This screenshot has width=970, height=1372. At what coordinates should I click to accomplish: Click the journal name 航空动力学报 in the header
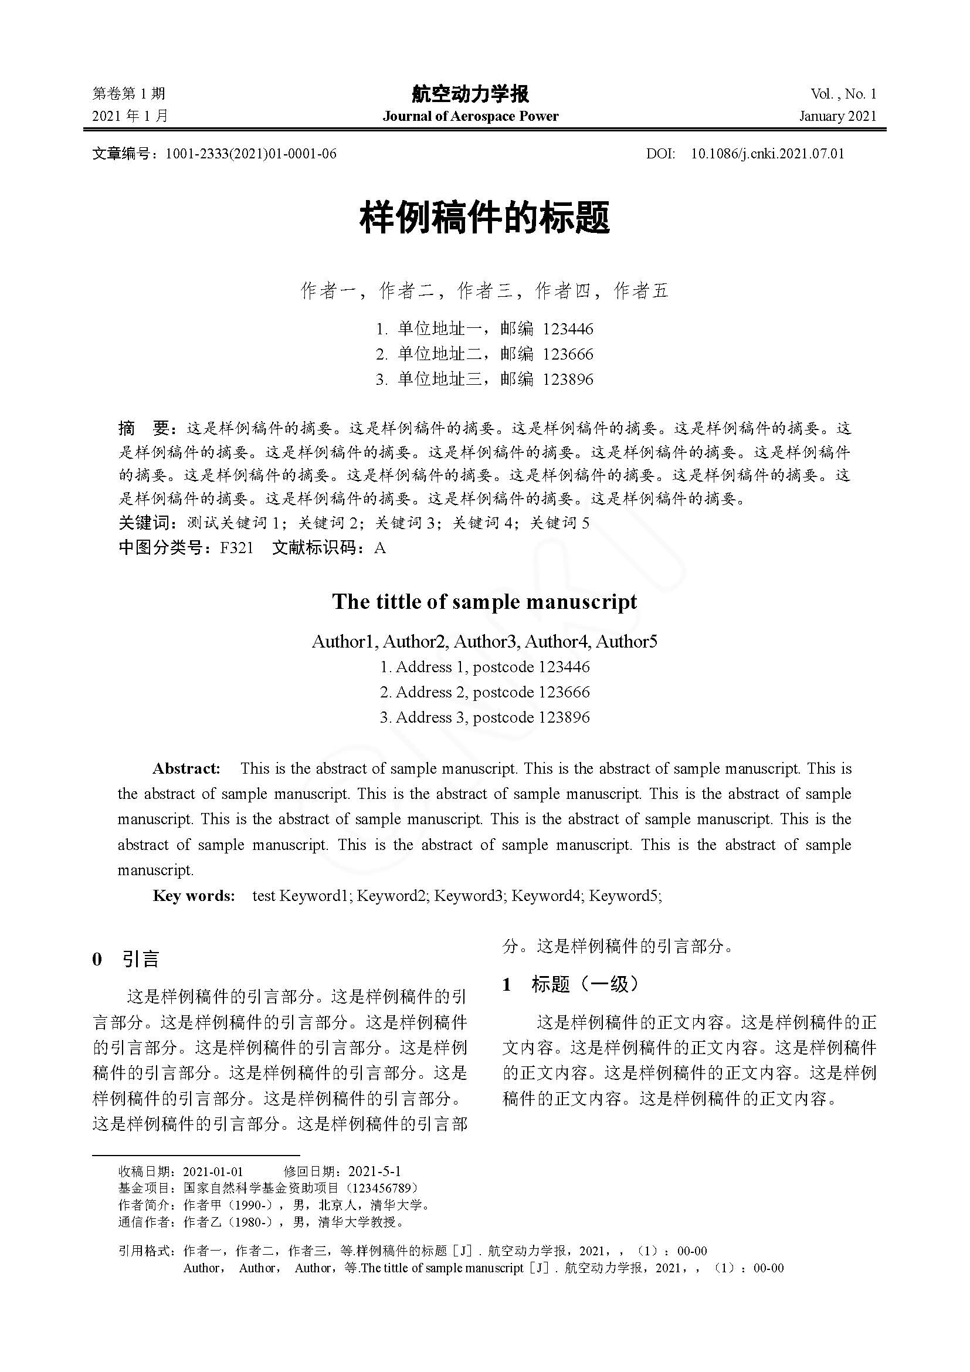pyautogui.click(x=470, y=94)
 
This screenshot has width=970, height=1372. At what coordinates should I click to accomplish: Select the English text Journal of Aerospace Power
pyautogui.click(x=470, y=116)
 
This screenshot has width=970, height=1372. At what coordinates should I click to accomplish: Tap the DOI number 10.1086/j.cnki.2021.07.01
pyautogui.click(x=768, y=154)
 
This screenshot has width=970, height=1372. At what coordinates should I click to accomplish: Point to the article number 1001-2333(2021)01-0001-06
pyautogui.click(x=251, y=154)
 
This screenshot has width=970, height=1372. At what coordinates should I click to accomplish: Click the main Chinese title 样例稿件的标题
pyautogui.click(x=484, y=218)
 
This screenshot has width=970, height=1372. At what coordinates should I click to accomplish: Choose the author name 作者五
pyautogui.click(x=640, y=291)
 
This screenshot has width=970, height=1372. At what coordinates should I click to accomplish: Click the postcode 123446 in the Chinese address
pyautogui.click(x=568, y=328)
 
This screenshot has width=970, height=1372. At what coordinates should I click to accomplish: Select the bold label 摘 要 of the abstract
pyautogui.click(x=145, y=428)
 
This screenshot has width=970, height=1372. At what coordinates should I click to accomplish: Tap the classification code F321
pyautogui.click(x=237, y=547)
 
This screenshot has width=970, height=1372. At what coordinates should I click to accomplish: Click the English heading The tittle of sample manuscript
pyautogui.click(x=484, y=601)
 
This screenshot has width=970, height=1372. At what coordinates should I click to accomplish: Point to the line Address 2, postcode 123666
pyautogui.click(x=484, y=692)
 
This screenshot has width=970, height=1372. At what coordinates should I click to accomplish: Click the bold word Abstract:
pyautogui.click(x=186, y=768)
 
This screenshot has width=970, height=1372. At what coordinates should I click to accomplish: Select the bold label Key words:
pyautogui.click(x=194, y=895)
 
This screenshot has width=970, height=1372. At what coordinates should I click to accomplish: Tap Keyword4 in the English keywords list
pyautogui.click(x=546, y=895)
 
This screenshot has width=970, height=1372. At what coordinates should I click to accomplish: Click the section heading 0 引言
pyautogui.click(x=126, y=960)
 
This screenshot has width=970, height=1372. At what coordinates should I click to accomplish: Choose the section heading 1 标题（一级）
pyautogui.click(x=571, y=984)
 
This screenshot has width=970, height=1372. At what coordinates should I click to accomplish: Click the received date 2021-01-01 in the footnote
pyautogui.click(x=213, y=1171)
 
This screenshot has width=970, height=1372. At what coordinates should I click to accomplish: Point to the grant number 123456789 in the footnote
pyautogui.click(x=382, y=1188)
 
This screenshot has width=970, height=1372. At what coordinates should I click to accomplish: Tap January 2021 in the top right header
pyautogui.click(x=837, y=116)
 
